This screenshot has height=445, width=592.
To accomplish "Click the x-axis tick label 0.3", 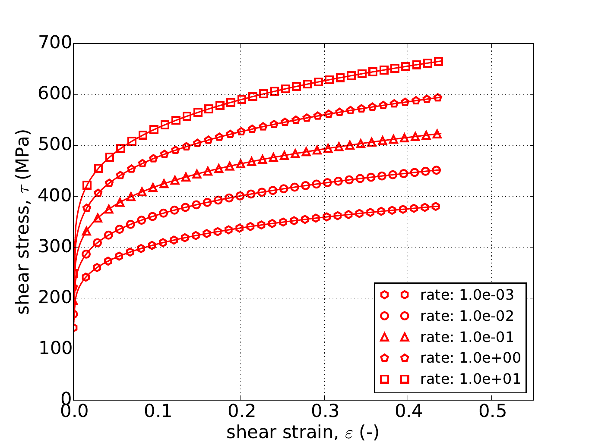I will coord(324,412).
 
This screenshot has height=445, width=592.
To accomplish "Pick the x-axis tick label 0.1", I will coord(157,412).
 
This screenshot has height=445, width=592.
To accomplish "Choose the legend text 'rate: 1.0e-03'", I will coord(467,295).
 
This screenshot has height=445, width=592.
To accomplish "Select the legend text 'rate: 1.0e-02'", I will coord(467,316).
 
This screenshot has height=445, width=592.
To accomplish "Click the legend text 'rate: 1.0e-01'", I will coord(467,337).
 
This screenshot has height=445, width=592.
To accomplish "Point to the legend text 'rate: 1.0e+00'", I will coord(470,357).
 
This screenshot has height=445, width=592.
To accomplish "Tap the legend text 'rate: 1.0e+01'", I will coord(470,379).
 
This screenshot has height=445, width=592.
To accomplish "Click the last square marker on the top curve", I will coord(438,62).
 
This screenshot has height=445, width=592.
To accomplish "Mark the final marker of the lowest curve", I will coord(436,207).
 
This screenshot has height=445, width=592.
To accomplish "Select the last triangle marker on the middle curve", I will coord(437,134).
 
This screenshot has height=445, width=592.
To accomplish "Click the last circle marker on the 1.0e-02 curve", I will coord(437,170).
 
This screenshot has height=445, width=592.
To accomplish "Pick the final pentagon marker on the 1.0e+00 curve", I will coord(437,98).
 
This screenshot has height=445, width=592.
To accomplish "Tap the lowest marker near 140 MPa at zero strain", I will coord(74,328).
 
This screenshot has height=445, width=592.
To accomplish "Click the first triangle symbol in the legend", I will coord(385,337).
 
